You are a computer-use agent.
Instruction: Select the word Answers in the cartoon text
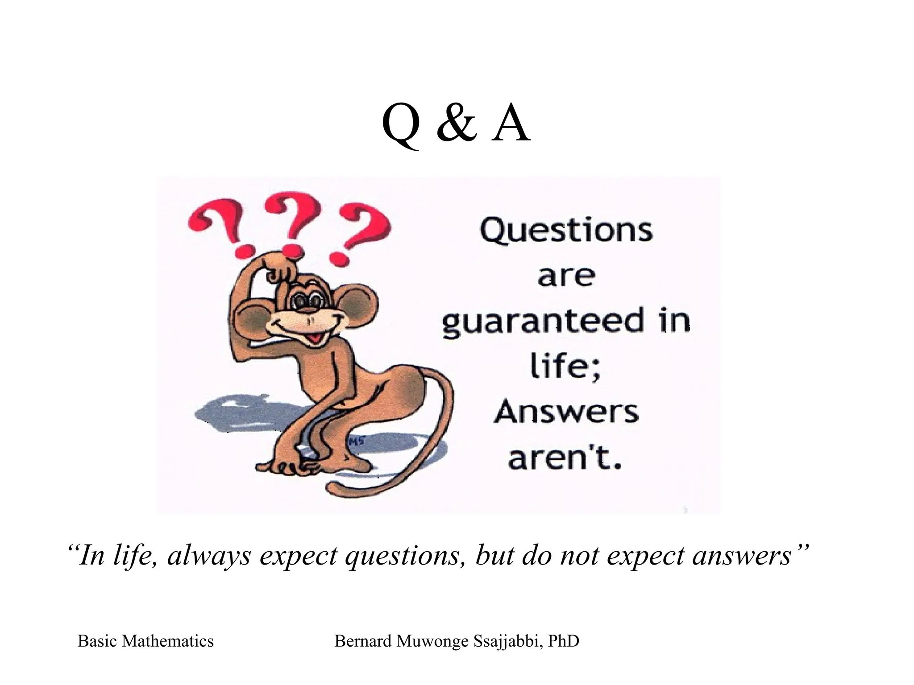(x=566, y=413)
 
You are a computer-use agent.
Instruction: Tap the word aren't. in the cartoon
(x=565, y=459)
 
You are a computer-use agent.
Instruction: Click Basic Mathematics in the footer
(x=145, y=641)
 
